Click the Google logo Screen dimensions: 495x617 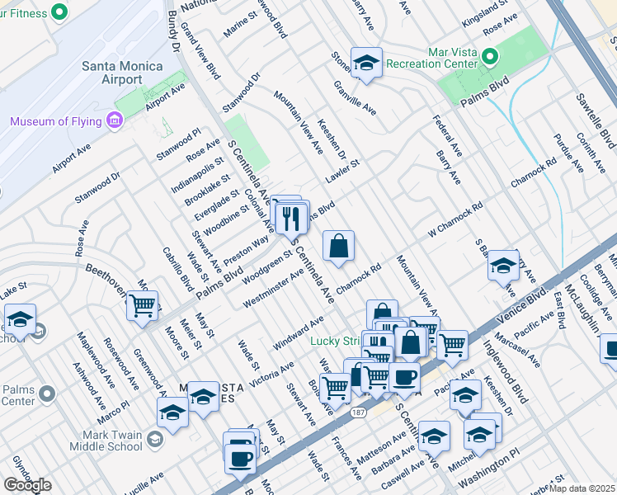27,485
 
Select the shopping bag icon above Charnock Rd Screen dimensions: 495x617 339,246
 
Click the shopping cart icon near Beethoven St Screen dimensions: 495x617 142,305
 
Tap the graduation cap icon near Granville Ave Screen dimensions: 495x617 365,63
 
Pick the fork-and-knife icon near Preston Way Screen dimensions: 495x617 290,219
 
